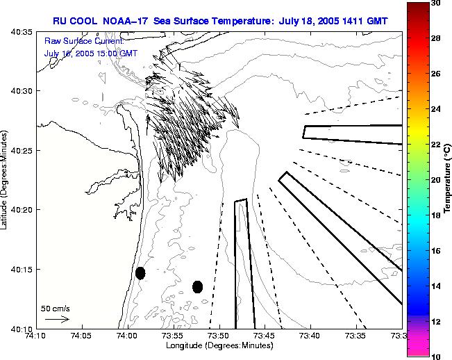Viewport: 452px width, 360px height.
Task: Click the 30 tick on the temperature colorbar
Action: [x=435, y=3]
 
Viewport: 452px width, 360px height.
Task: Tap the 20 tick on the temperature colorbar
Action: [x=435, y=180]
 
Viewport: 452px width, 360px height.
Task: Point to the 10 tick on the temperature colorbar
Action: [x=435, y=356]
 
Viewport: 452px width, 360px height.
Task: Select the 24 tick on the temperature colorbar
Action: [x=435, y=109]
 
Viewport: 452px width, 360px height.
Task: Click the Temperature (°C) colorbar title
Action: [x=448, y=180]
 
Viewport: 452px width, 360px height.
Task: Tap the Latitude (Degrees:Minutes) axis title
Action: [x=6, y=180]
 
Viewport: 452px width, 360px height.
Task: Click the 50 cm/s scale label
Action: [x=56, y=309]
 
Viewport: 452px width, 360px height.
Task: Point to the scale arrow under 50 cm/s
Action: [x=56, y=319]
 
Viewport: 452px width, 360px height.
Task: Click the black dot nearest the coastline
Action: [x=140, y=273]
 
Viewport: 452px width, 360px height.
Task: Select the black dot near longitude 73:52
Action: [x=197, y=286]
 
